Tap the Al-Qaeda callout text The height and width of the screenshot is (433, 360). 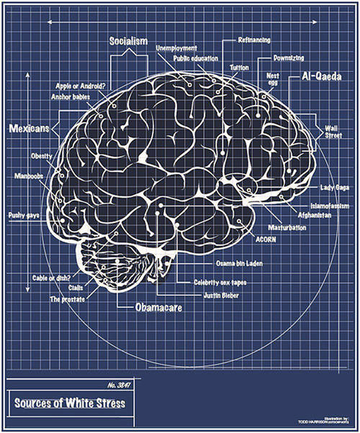(321, 77)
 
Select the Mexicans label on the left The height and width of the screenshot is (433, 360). (29, 128)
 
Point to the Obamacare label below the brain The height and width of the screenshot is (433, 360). (158, 307)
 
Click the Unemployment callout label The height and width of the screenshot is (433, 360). (176, 48)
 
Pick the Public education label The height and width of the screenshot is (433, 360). (196, 58)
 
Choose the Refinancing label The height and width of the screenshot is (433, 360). (254, 40)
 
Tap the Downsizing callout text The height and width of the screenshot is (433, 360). (289, 58)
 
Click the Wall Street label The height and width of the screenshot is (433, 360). (334, 132)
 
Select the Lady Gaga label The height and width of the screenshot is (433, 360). (334, 187)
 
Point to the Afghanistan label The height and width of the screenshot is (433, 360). (314, 215)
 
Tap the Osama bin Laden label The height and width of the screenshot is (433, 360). (239, 263)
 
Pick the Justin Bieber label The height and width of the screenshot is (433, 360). (221, 295)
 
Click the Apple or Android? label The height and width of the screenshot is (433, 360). (81, 86)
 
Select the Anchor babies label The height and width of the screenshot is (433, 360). (70, 97)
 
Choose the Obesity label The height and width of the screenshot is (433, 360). (42, 156)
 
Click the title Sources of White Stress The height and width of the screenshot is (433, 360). (70, 403)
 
